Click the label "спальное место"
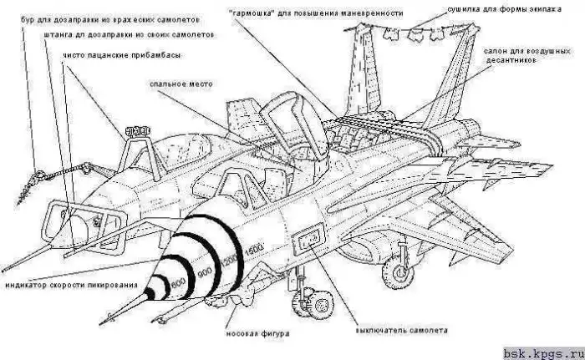tap(182, 84)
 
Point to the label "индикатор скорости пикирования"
tap(70, 285)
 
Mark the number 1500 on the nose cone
tap(254, 246)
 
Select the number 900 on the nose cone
tap(205, 272)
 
